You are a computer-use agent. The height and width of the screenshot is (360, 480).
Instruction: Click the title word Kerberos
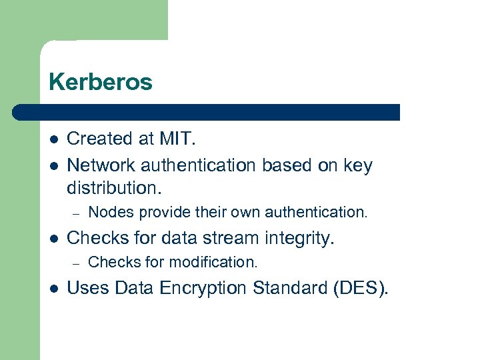tap(101, 83)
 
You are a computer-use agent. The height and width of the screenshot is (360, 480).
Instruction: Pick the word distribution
tap(114, 187)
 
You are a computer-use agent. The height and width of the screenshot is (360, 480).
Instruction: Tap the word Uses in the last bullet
tap(89, 288)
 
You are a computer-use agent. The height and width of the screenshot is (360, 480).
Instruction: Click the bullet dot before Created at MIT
tap(53, 139)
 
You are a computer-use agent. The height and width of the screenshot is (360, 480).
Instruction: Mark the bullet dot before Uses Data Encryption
tap(53, 288)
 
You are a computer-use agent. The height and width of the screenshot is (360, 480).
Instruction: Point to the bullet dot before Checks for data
tap(53, 238)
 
